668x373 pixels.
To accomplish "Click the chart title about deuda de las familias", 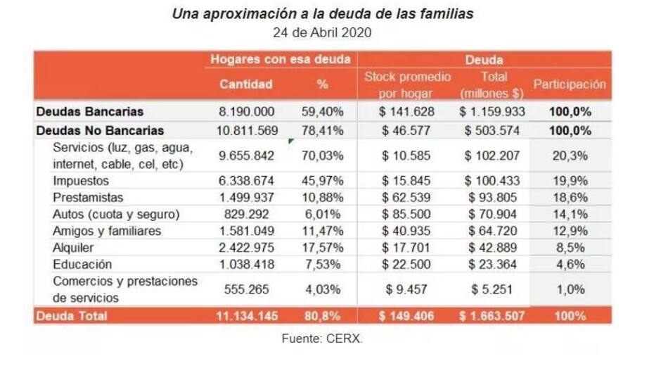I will tap(322, 14).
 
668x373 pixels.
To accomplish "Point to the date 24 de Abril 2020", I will tap(322, 32).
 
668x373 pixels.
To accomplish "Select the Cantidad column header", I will tap(246, 84).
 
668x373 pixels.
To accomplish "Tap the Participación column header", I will tap(570, 84).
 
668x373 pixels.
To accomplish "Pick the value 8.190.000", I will tap(246, 112).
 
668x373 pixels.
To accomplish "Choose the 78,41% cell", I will tap(323, 130).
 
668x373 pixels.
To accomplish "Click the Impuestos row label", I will tap(80, 180).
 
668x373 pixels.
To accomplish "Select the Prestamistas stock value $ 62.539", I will tap(408, 197).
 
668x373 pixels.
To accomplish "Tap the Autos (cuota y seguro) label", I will tap(116, 214).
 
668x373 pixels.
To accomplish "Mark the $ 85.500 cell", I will tap(408, 214).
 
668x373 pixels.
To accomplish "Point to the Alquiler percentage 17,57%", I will tap(323, 248).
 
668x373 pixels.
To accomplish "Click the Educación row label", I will tap(82, 265).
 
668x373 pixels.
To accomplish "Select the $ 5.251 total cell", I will tap(492, 290).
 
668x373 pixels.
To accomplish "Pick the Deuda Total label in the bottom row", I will tap(71, 316).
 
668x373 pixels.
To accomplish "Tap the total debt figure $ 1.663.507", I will tap(492, 316).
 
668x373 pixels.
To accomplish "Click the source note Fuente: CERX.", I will tap(322, 339).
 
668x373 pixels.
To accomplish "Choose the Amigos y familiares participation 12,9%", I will tap(570, 231).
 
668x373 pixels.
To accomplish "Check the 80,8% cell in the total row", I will tap(323, 316).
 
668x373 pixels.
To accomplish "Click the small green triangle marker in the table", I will tap(290, 141).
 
